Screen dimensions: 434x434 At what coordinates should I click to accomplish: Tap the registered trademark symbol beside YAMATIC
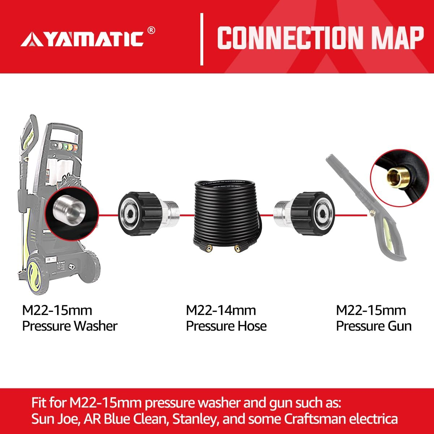pos(152,30)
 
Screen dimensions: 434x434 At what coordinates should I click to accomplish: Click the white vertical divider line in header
pos(202,39)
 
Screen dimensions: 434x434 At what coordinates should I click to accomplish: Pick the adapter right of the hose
pos(303,214)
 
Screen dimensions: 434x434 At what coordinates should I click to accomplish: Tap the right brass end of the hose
pos(237,249)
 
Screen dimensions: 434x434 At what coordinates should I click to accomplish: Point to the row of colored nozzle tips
pos(65,147)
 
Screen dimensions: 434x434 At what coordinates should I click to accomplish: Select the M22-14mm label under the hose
pos(221,310)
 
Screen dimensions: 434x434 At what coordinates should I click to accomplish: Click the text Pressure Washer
pos(70,326)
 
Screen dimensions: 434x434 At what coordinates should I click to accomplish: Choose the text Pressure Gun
pos(374,326)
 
